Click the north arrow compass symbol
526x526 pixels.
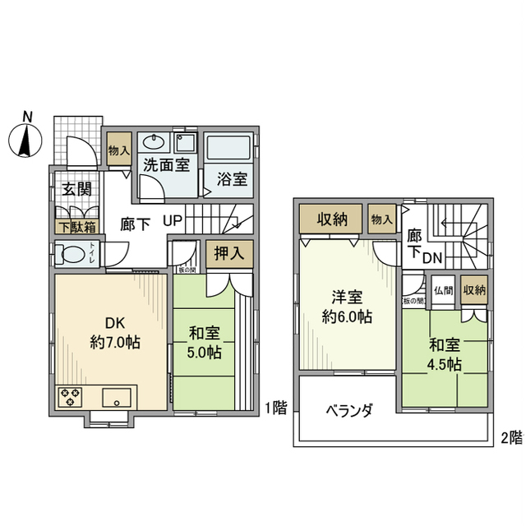click(x=27, y=136)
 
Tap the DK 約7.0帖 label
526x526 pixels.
click(x=114, y=333)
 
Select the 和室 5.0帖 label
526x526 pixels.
click(x=205, y=343)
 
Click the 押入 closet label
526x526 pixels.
click(x=224, y=252)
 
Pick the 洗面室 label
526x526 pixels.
click(x=167, y=164)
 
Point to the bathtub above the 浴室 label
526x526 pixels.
click(x=229, y=149)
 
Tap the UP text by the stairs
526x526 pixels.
click(x=173, y=221)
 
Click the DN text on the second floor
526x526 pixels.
click(x=433, y=258)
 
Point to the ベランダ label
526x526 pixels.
click(x=349, y=410)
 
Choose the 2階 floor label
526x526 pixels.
click(x=510, y=436)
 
